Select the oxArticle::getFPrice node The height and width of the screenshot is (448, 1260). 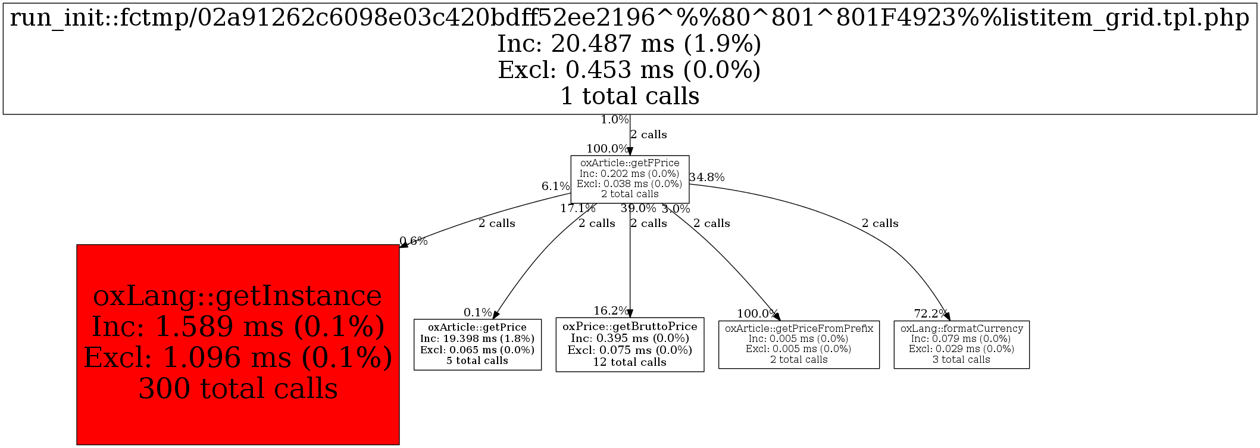click(630, 179)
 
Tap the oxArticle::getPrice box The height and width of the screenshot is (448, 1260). click(477, 344)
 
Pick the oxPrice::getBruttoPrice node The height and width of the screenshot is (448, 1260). click(630, 344)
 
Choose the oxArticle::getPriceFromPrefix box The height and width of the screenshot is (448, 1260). click(799, 344)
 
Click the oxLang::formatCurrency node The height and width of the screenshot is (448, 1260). click(961, 344)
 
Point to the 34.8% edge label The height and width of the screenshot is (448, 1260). click(707, 177)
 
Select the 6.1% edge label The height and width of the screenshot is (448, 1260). click(555, 186)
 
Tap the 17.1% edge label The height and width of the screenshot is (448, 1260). click(577, 209)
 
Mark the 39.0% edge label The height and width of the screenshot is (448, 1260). click(638, 209)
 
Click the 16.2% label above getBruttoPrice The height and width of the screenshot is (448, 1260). click(611, 310)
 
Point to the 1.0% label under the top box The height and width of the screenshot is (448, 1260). click(614, 120)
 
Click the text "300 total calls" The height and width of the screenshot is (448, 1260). click(238, 388)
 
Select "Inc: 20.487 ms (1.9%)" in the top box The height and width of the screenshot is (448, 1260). click(629, 44)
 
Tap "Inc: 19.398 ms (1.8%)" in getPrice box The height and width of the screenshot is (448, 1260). click(477, 338)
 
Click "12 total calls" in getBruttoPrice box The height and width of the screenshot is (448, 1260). click(630, 362)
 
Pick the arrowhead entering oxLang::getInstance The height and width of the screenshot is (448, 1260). click(403, 245)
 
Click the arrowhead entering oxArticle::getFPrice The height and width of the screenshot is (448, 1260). click(630, 152)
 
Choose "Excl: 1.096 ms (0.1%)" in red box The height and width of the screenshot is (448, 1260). click(238, 357)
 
